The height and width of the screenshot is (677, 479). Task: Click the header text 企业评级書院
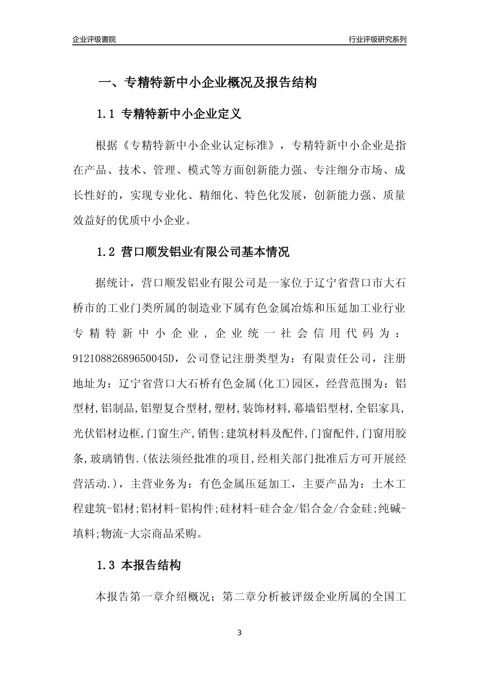click(x=94, y=39)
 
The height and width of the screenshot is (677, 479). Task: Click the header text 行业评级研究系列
click(x=377, y=39)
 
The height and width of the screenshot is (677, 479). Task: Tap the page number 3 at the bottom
click(x=239, y=633)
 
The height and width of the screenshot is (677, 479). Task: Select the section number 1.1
click(x=106, y=114)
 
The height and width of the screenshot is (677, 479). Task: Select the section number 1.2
click(x=106, y=252)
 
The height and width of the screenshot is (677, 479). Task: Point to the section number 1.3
click(x=106, y=566)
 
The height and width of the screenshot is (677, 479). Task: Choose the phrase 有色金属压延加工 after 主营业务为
click(x=244, y=483)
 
